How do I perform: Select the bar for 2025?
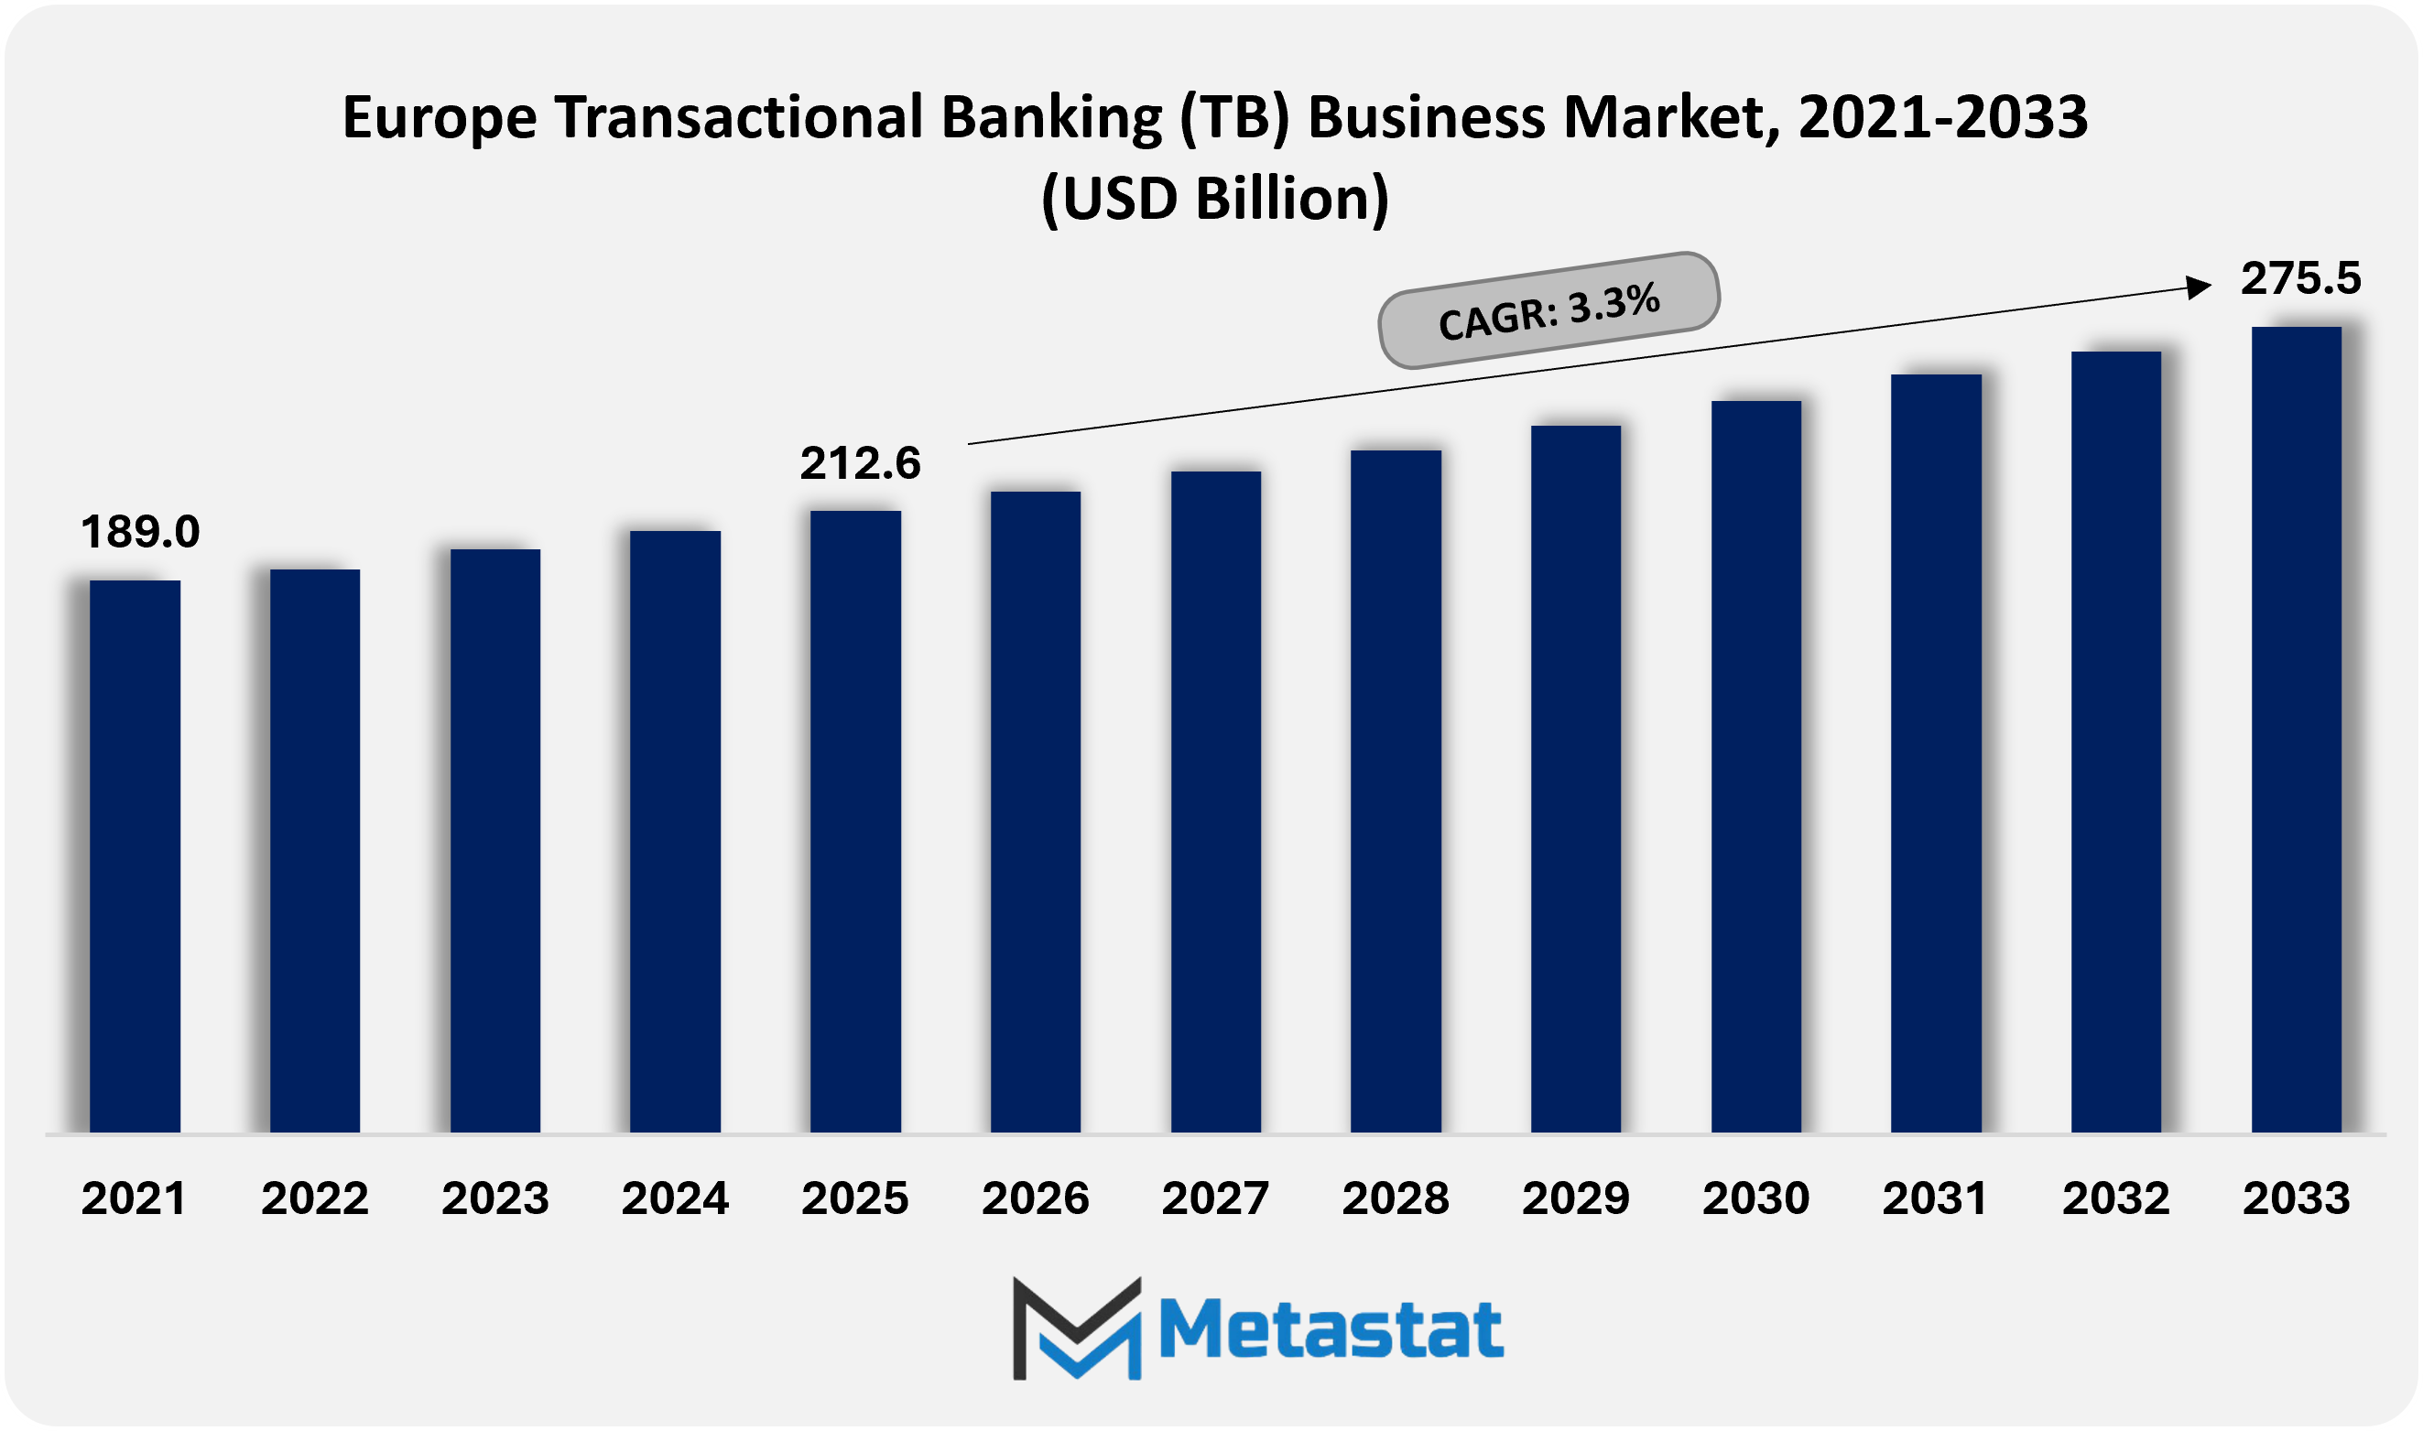point(855,820)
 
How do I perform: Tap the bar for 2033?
point(2296,729)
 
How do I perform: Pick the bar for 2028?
point(1396,791)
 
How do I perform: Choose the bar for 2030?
point(1755,765)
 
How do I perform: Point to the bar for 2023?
point(494,840)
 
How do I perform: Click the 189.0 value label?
point(140,532)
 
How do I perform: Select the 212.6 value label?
point(860,464)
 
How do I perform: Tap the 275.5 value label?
point(2300,278)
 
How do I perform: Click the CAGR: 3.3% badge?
point(1548,309)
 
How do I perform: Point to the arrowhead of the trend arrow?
point(2199,287)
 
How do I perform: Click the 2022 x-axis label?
point(314,1198)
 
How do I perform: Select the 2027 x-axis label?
point(1215,1198)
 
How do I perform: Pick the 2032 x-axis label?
point(2115,1198)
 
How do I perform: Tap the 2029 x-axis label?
point(1575,1198)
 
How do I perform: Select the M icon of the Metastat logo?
point(1076,1329)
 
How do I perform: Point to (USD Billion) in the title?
point(1215,199)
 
